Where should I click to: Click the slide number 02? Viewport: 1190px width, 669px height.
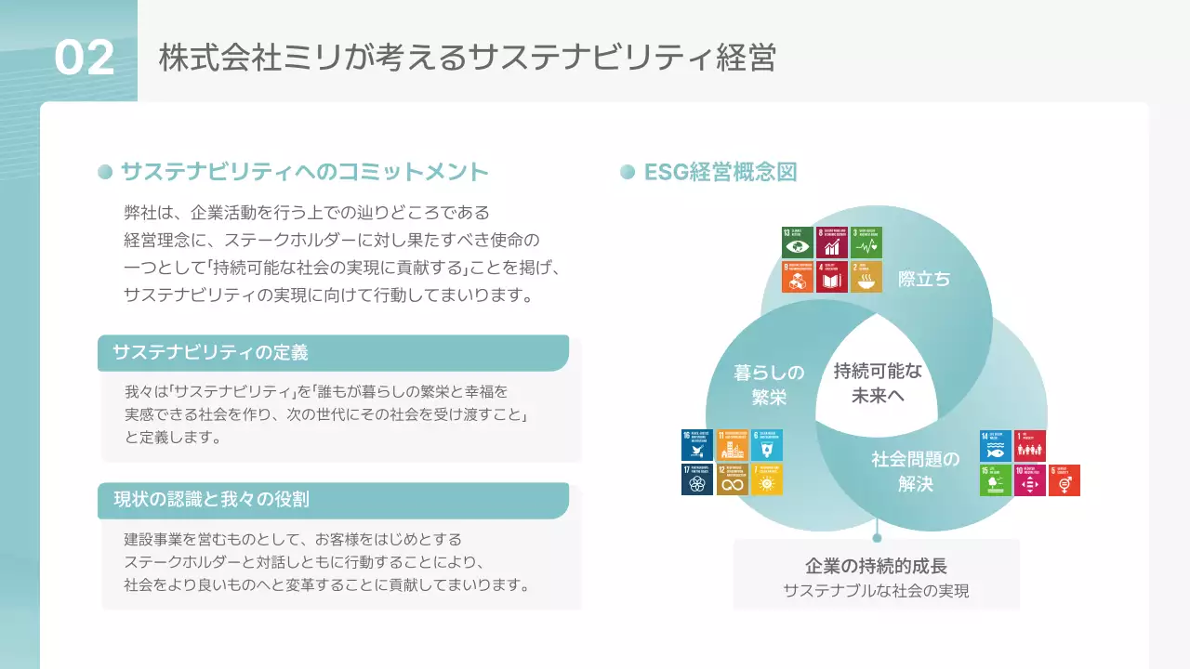pos(85,59)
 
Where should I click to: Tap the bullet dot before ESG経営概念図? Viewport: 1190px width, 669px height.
pos(627,172)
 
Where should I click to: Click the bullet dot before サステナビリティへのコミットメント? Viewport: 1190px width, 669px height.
pos(105,172)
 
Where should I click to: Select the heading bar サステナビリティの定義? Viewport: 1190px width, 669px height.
pos(333,353)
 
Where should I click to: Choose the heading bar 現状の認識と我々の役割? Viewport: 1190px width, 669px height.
pos(333,500)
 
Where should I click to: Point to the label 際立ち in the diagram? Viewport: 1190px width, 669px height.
pos(924,279)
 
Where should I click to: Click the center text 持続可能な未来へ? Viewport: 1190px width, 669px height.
pos(878,383)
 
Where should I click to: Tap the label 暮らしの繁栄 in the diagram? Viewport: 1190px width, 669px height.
pos(769,385)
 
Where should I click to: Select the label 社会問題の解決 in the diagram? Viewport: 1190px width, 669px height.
pos(915,471)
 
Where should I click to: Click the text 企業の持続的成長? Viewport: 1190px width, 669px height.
pos(876,566)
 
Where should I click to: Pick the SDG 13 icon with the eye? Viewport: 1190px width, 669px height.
pos(798,243)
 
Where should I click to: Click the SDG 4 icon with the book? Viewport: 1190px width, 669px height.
pos(832,277)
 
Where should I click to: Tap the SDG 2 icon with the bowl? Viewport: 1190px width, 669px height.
pos(866,277)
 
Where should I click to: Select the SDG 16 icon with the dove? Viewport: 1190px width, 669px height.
pos(697,445)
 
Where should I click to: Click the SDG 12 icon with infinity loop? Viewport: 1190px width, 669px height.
pos(733,479)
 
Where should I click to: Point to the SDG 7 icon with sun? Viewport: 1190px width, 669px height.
pos(767,479)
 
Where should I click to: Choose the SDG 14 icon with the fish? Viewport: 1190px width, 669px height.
pos(996,446)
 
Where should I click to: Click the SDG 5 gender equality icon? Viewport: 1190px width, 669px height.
pos(1064,480)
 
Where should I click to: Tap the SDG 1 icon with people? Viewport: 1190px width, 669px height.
pos(1030,446)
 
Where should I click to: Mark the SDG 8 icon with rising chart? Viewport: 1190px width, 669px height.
pos(832,243)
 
